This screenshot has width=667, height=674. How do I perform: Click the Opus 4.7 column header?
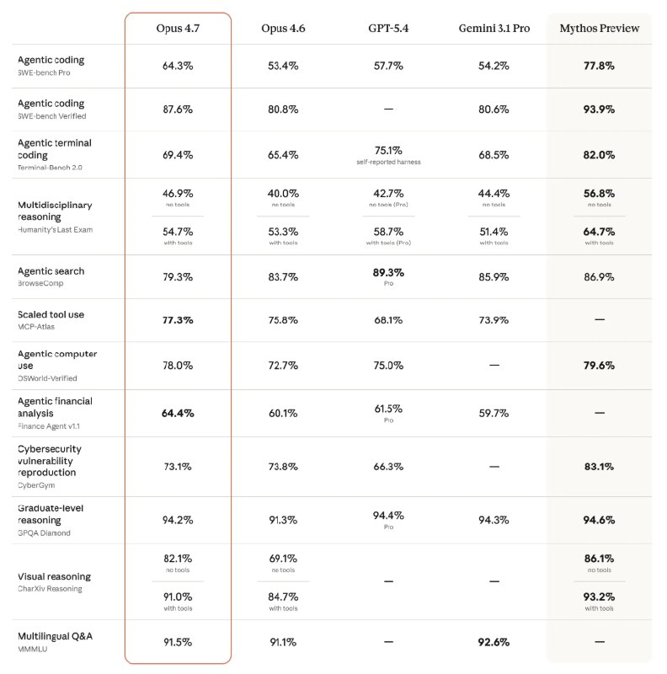178,28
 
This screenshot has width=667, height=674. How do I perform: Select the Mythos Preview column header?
600,28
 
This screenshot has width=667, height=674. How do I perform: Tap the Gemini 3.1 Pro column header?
494,28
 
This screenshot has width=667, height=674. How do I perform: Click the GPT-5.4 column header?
388,28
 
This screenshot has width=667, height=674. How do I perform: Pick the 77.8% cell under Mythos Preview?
600,66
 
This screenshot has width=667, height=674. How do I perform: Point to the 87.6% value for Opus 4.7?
178,109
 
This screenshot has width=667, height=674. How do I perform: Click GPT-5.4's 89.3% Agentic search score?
388,272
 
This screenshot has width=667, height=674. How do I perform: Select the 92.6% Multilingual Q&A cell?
494,642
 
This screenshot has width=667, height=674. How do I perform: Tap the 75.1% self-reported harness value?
388,151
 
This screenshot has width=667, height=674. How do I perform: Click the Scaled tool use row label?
51,314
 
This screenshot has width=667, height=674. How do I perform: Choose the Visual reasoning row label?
54,576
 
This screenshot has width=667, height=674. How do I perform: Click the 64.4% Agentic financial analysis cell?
178,413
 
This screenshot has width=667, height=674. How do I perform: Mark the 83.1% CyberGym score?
600,466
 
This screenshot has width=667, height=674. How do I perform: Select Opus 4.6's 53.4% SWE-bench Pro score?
283,66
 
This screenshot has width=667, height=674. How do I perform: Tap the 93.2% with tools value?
600,596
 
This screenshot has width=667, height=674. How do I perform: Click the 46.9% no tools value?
178,193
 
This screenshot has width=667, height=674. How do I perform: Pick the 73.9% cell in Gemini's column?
494,320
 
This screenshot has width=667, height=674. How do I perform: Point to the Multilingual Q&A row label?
55,636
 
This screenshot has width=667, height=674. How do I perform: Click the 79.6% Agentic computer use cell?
600,366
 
